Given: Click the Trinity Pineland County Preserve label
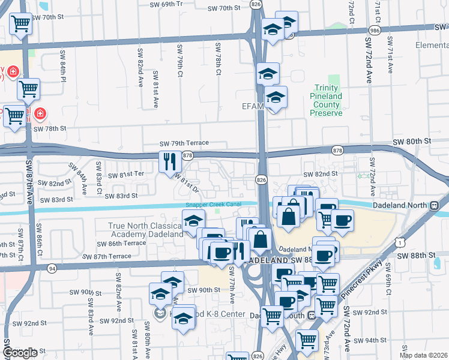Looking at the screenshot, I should (326, 96).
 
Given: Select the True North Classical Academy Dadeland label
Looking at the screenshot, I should (145, 230).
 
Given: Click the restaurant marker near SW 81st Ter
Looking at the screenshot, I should (169, 161).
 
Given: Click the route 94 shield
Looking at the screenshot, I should (52, 268).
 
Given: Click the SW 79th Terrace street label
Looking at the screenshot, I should (184, 143).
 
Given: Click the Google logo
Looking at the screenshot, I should (20, 353).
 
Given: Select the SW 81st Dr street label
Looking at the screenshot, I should (187, 182).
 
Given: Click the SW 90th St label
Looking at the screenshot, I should (204, 290).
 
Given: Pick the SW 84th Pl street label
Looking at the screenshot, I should (64, 67).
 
